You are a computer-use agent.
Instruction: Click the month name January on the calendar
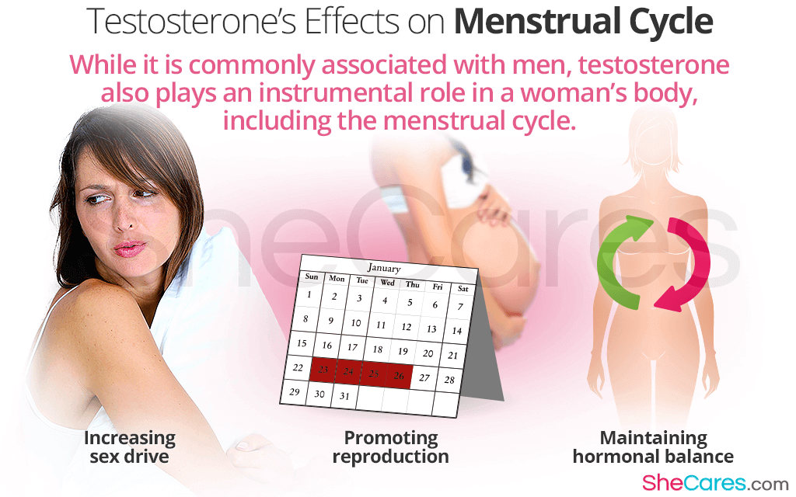pyautogui.click(x=384, y=268)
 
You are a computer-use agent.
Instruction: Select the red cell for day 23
pyautogui.click(x=323, y=370)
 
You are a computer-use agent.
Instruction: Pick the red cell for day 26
pyautogui.click(x=399, y=377)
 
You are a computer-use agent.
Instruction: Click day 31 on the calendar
pyautogui.click(x=344, y=396)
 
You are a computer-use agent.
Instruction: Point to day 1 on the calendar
pyautogui.click(x=309, y=294)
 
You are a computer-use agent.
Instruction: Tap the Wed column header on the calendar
pyautogui.click(x=387, y=283)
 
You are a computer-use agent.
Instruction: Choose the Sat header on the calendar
pyautogui.click(x=463, y=289)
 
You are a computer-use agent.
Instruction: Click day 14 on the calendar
pyautogui.click(x=457, y=331)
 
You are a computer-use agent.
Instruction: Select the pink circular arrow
pyautogui.click(x=683, y=265)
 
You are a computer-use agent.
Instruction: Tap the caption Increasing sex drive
pyautogui.click(x=130, y=447)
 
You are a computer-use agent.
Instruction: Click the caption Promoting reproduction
pyautogui.click(x=390, y=447)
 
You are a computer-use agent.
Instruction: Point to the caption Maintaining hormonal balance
pyautogui.click(x=653, y=447)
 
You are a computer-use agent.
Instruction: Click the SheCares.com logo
pyautogui.click(x=715, y=483)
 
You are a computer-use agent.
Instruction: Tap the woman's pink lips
pyautogui.click(x=129, y=248)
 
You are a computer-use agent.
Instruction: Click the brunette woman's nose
pyautogui.click(x=124, y=219)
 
